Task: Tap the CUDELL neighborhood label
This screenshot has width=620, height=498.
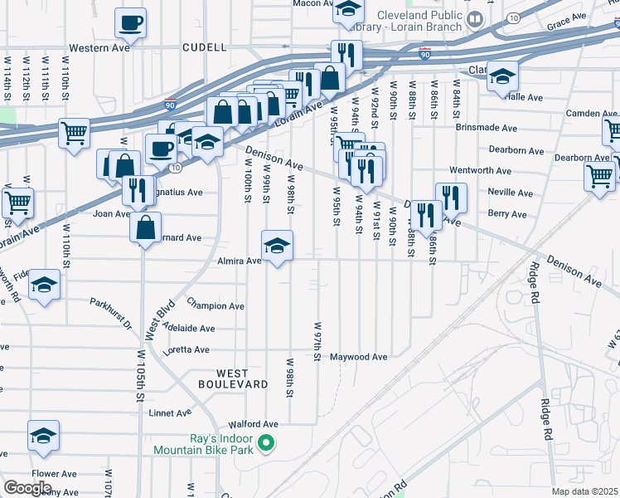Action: pyautogui.click(x=204, y=48)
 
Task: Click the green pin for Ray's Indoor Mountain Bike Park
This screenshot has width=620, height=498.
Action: pyautogui.click(x=265, y=443)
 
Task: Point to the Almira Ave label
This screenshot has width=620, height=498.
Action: pyautogui.click(x=240, y=261)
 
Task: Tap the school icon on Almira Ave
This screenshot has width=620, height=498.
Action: pyautogui.click(x=277, y=246)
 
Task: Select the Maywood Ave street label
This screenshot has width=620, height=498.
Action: pyautogui.click(x=359, y=358)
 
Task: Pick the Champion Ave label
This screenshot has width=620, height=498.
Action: pyautogui.click(x=216, y=306)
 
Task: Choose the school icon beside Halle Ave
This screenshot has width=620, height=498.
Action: pyautogui.click(x=501, y=76)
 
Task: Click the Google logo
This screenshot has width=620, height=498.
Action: pyautogui.click(x=28, y=488)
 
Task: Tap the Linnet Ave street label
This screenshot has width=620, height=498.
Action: pyautogui.click(x=171, y=413)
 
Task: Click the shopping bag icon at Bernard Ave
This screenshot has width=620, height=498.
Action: pyautogui.click(x=146, y=228)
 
